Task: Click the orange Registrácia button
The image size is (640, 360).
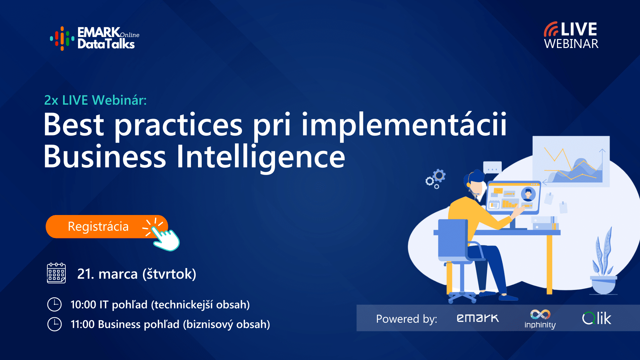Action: coord(98,227)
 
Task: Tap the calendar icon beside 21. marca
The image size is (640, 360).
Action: coord(56,273)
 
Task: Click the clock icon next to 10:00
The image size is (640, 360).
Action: coord(54,304)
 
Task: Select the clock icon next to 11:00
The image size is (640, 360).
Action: coord(54,324)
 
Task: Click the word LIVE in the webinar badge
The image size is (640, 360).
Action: coord(578,29)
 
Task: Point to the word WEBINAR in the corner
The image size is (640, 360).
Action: coord(571,44)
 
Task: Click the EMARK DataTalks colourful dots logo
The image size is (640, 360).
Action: coord(62,38)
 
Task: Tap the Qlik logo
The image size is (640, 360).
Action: coord(597,318)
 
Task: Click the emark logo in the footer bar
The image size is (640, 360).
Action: coord(478,318)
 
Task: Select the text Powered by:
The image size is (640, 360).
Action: coord(406,319)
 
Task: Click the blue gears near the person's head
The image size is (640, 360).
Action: coord(436,178)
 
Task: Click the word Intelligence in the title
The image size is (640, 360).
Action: coord(261,157)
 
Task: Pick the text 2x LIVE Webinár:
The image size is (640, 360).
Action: coord(95,100)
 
